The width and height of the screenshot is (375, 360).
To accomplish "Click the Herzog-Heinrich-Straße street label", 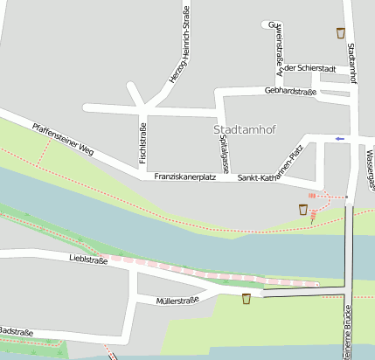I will pos(178,45).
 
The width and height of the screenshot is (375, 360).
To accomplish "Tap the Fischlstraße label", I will pos(142,143).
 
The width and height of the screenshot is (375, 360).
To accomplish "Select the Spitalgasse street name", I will pos(225,150).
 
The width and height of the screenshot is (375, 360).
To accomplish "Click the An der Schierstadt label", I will pos(306,69).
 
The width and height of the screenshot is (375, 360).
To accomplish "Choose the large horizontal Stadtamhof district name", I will pos(244,130).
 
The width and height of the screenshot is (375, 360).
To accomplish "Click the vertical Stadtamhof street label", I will pos(351,63).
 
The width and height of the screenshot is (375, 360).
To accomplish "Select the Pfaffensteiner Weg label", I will pos(62,139).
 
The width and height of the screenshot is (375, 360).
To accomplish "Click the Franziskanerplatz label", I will pos(184,177).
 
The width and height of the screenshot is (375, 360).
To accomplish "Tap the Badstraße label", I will pos(15,332).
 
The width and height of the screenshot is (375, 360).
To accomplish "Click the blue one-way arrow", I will pos(340,138).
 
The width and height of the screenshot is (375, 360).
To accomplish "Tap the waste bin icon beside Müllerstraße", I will pos(247,299).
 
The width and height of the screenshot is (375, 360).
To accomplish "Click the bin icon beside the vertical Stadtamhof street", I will pos(340,33).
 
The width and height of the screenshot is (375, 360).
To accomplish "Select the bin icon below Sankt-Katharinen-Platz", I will pos(303,209).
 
